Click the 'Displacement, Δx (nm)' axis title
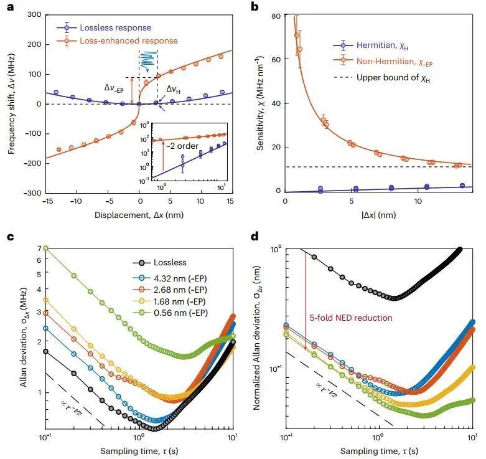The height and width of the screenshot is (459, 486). [139, 214]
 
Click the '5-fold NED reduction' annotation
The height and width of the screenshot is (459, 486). [350, 318]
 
